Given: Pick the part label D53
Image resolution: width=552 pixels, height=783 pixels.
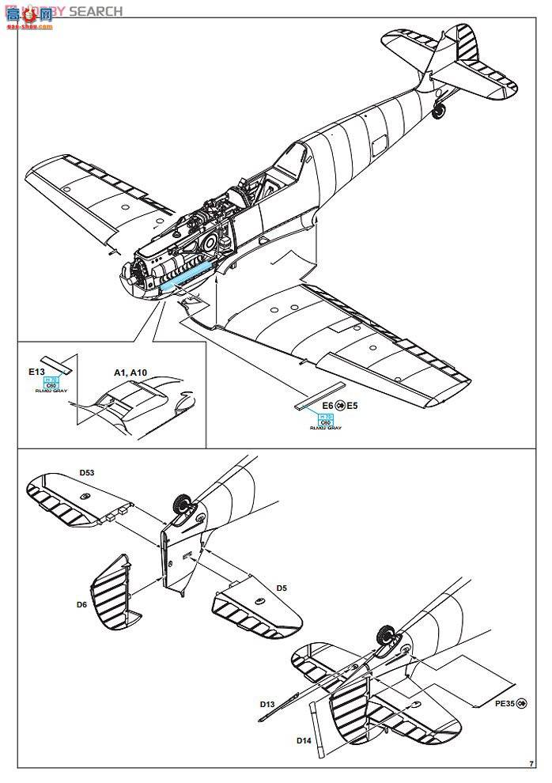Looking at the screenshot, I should pyautogui.click(x=86, y=472).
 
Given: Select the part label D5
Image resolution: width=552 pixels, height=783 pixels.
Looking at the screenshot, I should pyautogui.click(x=282, y=588).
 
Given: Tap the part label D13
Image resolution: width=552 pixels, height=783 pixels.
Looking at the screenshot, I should pyautogui.click(x=268, y=703).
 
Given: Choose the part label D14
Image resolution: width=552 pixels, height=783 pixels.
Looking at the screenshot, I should pyautogui.click(x=304, y=740).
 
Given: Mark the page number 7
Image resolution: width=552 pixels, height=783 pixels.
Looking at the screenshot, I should pyautogui.click(x=530, y=763).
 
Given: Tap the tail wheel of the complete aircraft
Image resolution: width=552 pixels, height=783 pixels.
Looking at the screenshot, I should pyautogui.click(x=440, y=112).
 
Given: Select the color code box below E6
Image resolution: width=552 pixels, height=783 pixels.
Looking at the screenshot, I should pyautogui.click(x=324, y=418).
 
